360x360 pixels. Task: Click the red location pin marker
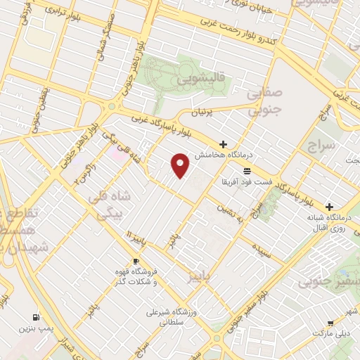click(x=181, y=165)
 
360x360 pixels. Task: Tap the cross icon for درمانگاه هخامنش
click(x=224, y=144)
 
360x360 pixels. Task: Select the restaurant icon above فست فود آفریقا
click(x=246, y=171)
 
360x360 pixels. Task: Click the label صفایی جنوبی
click(x=266, y=101)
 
